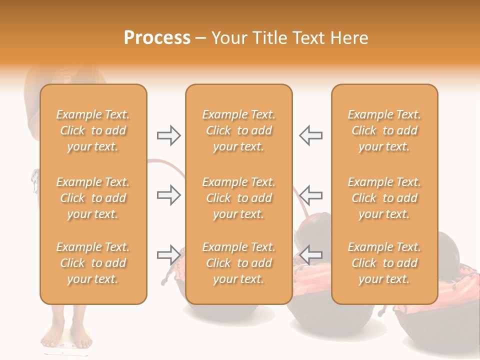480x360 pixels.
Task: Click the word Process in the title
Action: point(157,38)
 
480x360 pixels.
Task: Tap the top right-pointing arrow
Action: point(168,135)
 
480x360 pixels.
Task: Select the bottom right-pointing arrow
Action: point(168,255)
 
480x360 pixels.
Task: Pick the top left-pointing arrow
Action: point(310,135)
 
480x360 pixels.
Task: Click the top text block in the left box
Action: point(93,130)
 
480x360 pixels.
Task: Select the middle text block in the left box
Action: point(93,198)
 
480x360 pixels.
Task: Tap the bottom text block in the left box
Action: point(93,263)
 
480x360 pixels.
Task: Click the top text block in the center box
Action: point(238,130)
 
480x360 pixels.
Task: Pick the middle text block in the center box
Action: point(238,198)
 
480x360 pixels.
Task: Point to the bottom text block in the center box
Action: point(238,263)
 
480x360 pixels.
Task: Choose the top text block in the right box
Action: point(384,130)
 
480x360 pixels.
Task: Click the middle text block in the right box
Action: point(384,198)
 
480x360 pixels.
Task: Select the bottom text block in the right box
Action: point(384,263)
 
